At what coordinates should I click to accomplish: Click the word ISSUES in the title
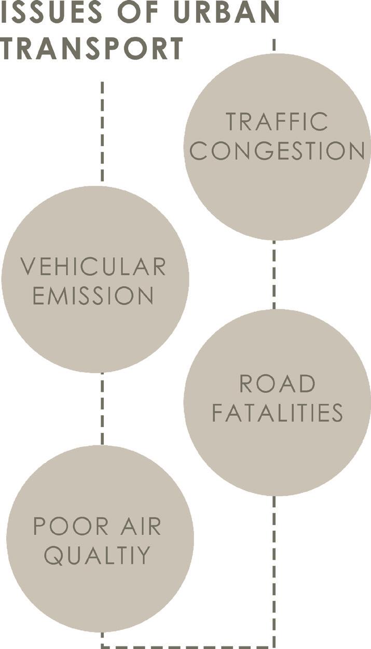[46, 11]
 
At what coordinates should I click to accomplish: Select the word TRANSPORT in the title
[91, 48]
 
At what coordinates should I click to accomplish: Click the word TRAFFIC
[277, 121]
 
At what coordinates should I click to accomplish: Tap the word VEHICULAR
[93, 266]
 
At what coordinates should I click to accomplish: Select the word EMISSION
[93, 296]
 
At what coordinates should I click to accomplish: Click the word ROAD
[277, 384]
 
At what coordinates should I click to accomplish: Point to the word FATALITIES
[277, 414]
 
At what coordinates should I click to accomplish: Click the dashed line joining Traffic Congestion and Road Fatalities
[274, 275]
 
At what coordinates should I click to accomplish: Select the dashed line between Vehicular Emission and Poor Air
[102, 408]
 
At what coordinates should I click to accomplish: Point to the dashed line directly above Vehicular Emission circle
[102, 132]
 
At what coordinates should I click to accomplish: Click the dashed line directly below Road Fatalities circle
[274, 570]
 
